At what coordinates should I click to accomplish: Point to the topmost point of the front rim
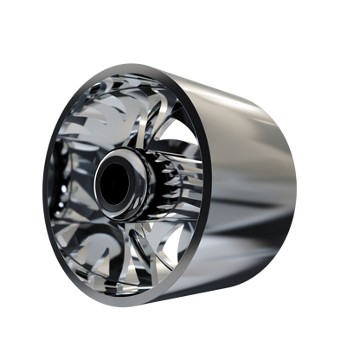click(138, 65)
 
